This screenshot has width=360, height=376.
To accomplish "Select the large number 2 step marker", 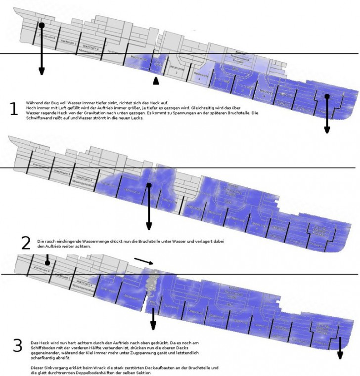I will click(x=25, y=243).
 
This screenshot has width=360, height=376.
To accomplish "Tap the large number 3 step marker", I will click(x=18, y=345).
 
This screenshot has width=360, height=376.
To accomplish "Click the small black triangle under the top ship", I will click(x=156, y=81).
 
